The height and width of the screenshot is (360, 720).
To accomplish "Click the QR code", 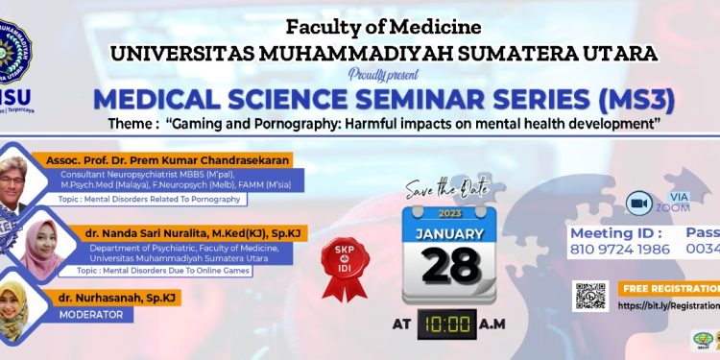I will tap(591, 296).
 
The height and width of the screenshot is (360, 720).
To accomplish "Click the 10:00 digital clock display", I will tap(448, 324).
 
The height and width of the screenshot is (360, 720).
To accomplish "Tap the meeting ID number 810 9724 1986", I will tap(620, 249).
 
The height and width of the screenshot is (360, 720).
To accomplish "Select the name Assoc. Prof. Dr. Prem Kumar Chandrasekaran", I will tap(159, 160).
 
